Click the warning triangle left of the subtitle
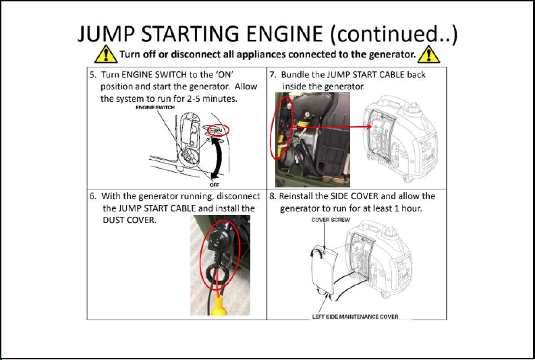click(106, 53)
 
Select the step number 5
click(93, 75)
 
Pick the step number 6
click(93, 196)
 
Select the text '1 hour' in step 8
click(406, 208)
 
